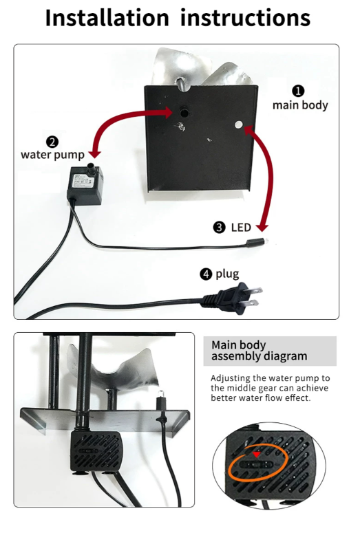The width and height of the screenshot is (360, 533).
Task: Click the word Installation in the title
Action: pos(107,18)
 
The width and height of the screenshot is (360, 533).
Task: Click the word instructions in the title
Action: pos(245,18)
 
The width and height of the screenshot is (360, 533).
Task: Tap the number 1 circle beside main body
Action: pos(298,91)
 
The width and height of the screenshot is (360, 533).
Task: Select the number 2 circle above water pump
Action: pos(52,142)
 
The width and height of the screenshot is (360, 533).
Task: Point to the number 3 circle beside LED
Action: pos(219,228)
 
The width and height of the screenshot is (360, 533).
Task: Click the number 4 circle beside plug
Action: pos(206,274)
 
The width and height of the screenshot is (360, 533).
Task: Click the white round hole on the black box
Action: pos(240,124)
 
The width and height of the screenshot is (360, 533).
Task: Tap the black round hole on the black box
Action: pos(184,113)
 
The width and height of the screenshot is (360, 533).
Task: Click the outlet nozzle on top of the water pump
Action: pos(91,169)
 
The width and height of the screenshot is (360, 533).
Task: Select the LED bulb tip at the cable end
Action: pos(266,241)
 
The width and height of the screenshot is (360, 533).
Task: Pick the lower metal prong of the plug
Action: pos(251,303)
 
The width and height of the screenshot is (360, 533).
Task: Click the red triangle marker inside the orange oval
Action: pos(257,455)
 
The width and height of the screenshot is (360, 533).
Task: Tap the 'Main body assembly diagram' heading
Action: pos(260,351)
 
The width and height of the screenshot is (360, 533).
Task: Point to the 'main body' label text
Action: pos(300,105)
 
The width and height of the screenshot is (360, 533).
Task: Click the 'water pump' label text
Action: pos(52,155)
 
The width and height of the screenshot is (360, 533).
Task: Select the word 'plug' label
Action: pos(227,274)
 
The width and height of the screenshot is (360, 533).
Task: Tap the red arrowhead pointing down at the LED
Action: pos(262,227)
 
